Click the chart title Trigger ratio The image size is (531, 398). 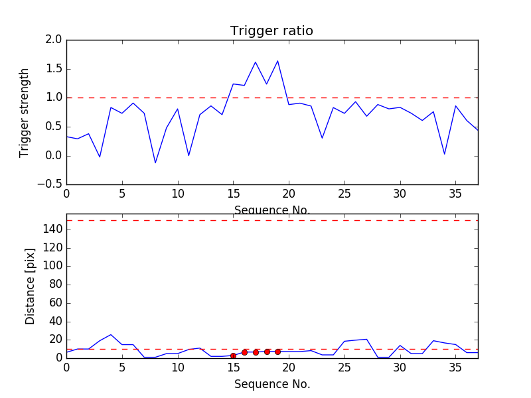[x=271, y=31]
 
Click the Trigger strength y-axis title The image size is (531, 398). [x=25, y=112]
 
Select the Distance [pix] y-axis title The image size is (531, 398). [x=30, y=286]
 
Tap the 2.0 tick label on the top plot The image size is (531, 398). [x=54, y=40]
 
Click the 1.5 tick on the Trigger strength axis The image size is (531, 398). [x=54, y=69]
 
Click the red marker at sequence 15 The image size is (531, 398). [x=233, y=356]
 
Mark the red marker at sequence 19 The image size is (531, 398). [x=277, y=352]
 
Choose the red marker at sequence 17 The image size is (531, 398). [x=256, y=352]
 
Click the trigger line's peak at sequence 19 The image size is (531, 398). [x=277, y=61]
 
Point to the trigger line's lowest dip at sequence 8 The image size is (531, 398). [x=155, y=163]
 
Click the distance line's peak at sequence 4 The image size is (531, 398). [x=111, y=334]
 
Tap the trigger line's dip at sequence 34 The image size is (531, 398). [x=444, y=154]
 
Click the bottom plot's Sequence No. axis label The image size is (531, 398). [x=271, y=384]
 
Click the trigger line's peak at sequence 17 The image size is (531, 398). [x=256, y=62]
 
